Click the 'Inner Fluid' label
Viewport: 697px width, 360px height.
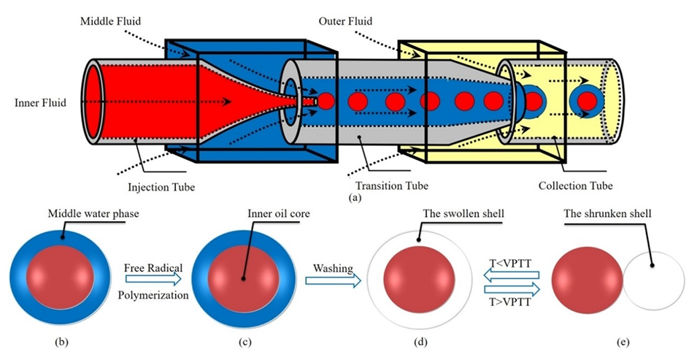click(41, 102)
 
